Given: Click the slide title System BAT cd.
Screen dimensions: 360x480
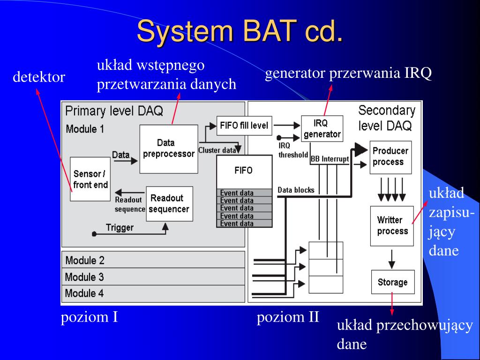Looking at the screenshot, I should coord(240,32).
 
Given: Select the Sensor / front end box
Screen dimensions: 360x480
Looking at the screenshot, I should coord(90,179).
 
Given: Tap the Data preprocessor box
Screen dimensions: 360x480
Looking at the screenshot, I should coord(168,148).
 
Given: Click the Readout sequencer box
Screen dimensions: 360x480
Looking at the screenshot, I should coord(169,204).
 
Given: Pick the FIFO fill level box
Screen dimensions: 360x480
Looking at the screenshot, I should coord(244,126).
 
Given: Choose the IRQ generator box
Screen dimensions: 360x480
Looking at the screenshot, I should coord(322,128).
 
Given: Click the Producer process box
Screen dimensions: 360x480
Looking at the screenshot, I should coord(390,157).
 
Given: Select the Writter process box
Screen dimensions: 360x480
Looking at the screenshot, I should coord(392,225).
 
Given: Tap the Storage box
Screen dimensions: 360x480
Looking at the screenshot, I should coord(392,282).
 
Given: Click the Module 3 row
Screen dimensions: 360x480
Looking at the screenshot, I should coord(153,277).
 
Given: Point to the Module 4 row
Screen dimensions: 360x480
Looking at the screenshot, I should coord(153,293).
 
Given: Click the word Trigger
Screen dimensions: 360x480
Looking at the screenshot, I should coord(120,228).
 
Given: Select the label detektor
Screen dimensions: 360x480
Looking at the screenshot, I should coord(38,77).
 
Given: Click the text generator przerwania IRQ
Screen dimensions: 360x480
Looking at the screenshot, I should coord(348,74).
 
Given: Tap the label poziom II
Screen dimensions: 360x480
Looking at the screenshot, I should coord(288,317).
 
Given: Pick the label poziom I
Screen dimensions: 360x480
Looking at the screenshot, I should coord(89,317).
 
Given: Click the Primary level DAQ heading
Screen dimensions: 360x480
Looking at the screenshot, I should coord(114,111).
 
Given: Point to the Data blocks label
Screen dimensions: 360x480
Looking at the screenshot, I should coord(296,190).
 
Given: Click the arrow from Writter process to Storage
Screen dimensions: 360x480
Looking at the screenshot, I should coord(392,258).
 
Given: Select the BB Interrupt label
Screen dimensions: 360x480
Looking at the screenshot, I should coord(330,159).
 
